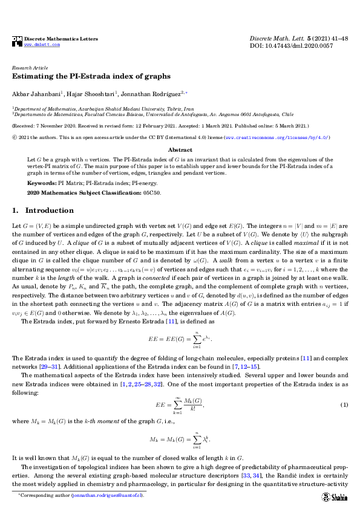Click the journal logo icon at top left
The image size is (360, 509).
point(17,41)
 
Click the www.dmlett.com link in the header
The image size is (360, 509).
point(42,44)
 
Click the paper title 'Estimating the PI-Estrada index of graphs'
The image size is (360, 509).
point(91,77)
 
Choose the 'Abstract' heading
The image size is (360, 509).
point(180,149)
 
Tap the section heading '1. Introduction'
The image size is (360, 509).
point(42,211)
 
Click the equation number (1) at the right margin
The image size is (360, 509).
point(344,404)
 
